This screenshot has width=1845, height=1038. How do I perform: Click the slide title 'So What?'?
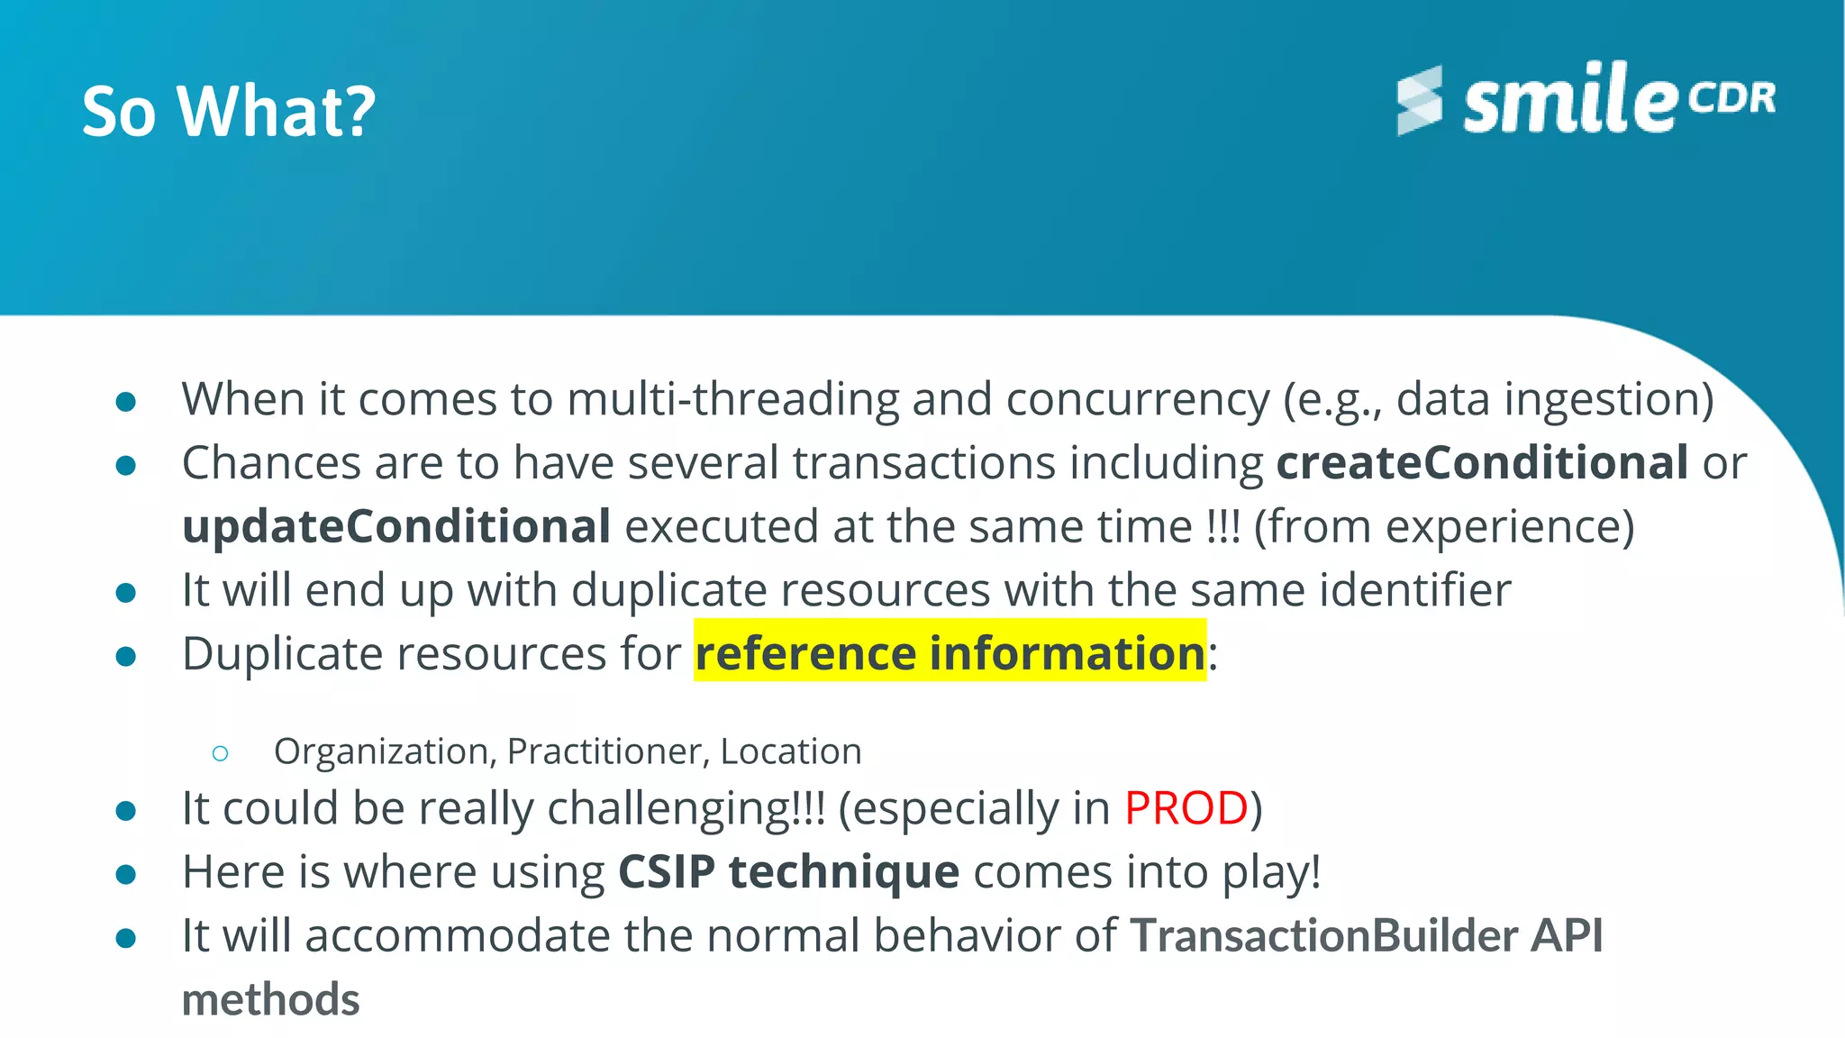coord(229,112)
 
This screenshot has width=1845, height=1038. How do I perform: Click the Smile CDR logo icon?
coord(1420,100)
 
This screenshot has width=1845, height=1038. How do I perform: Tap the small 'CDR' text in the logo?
coord(1731,97)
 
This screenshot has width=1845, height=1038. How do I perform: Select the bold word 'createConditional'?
coord(1482,463)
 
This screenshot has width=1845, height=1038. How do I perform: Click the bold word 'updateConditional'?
coord(396,527)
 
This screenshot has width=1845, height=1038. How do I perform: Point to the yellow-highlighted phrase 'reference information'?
coord(950,652)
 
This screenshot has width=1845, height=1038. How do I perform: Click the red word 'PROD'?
coord(1186,808)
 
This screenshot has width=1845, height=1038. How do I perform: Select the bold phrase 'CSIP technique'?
coord(788,872)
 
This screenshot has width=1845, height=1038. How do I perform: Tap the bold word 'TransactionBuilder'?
coord(1323,936)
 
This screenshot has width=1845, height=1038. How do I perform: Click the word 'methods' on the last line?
coord(270,1000)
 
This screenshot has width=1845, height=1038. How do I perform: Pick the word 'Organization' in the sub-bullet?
coord(382,751)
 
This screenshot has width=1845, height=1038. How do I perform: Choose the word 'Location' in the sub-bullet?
coord(791,751)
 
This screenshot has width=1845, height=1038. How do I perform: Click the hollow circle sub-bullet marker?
coord(221,753)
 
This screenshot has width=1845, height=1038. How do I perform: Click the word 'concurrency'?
coord(1137,399)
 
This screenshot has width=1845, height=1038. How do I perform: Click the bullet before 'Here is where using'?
coord(126,874)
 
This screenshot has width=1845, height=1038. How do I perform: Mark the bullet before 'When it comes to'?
coord(126,402)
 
